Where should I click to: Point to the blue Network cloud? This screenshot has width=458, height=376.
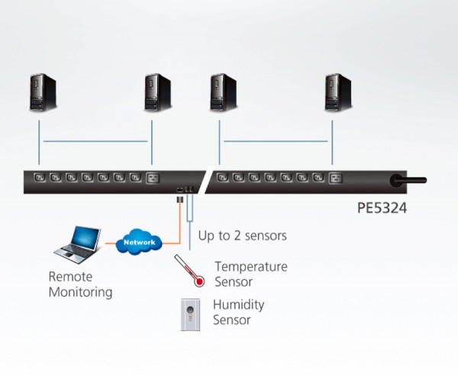140,242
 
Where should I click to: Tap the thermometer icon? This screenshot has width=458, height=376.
188,271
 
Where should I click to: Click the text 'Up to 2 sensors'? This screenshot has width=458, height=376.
242,236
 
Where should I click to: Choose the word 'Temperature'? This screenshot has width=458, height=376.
251,267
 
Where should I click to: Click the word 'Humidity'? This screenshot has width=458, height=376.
238,305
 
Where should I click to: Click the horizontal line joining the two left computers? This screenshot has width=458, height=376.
96,140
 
